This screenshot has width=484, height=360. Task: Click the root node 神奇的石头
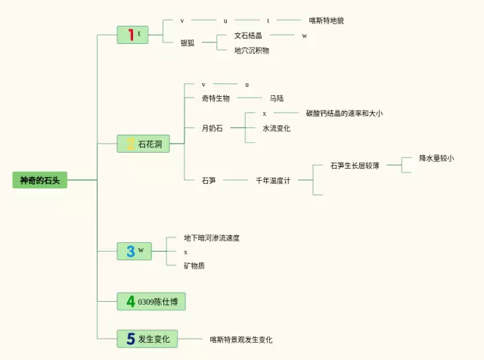coord(40,180)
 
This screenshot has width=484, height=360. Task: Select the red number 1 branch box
coord(132,35)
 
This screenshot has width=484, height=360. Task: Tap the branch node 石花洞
coord(143,144)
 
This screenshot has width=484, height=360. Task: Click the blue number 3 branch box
coord(135,251)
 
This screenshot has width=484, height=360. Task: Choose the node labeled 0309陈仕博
coord(151,301)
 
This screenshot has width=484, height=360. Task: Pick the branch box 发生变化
coord(147,339)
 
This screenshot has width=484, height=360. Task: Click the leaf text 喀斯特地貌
coord(327,20)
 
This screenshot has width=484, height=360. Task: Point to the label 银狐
coord(188,42)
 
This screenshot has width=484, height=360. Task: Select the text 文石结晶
coord(248,36)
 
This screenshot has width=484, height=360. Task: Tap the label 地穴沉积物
coord(252,50)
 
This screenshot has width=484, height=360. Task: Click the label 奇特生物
coord(216,98)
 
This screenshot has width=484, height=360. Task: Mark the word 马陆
coord(277,98)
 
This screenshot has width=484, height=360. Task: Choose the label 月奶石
coord(212,128)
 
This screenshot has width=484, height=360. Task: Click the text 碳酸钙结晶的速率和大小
coord(345,113)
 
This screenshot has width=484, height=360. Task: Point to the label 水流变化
coord(277,128)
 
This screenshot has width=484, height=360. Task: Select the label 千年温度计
coord(273,180)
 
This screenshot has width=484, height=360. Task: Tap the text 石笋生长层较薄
coord(355,166)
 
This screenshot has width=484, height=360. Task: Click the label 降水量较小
coord(436,158)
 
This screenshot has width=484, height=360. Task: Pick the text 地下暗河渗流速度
coord(212,237)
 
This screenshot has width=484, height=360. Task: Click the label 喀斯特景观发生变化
coord(241,340)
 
